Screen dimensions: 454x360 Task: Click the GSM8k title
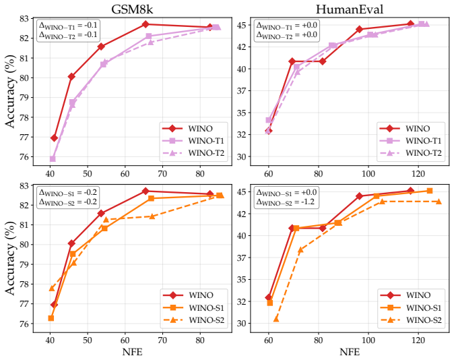(x=132, y=9)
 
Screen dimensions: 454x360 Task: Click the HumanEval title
(x=350, y=9)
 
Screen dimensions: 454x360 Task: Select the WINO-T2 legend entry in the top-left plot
(x=193, y=153)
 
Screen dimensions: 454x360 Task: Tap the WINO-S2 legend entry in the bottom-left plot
(x=194, y=320)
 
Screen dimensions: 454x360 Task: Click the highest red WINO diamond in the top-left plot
(x=145, y=24)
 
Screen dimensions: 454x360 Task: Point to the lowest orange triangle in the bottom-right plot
(x=276, y=319)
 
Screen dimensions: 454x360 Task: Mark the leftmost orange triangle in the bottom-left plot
(x=52, y=288)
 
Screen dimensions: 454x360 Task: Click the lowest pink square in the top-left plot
(x=53, y=158)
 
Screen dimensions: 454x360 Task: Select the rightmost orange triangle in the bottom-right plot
(x=439, y=202)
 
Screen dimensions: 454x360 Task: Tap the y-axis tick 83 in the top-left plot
(x=25, y=19)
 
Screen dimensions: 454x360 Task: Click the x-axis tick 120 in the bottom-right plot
(x=418, y=340)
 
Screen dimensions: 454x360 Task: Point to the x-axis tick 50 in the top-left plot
(x=88, y=174)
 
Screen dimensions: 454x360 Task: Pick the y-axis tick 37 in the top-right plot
(x=242, y=91)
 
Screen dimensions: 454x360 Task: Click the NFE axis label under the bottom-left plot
(x=132, y=352)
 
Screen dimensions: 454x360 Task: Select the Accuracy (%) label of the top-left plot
(x=10, y=91)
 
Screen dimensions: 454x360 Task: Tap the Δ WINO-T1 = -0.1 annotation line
(x=68, y=26)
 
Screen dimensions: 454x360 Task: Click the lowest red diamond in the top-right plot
(x=268, y=131)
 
